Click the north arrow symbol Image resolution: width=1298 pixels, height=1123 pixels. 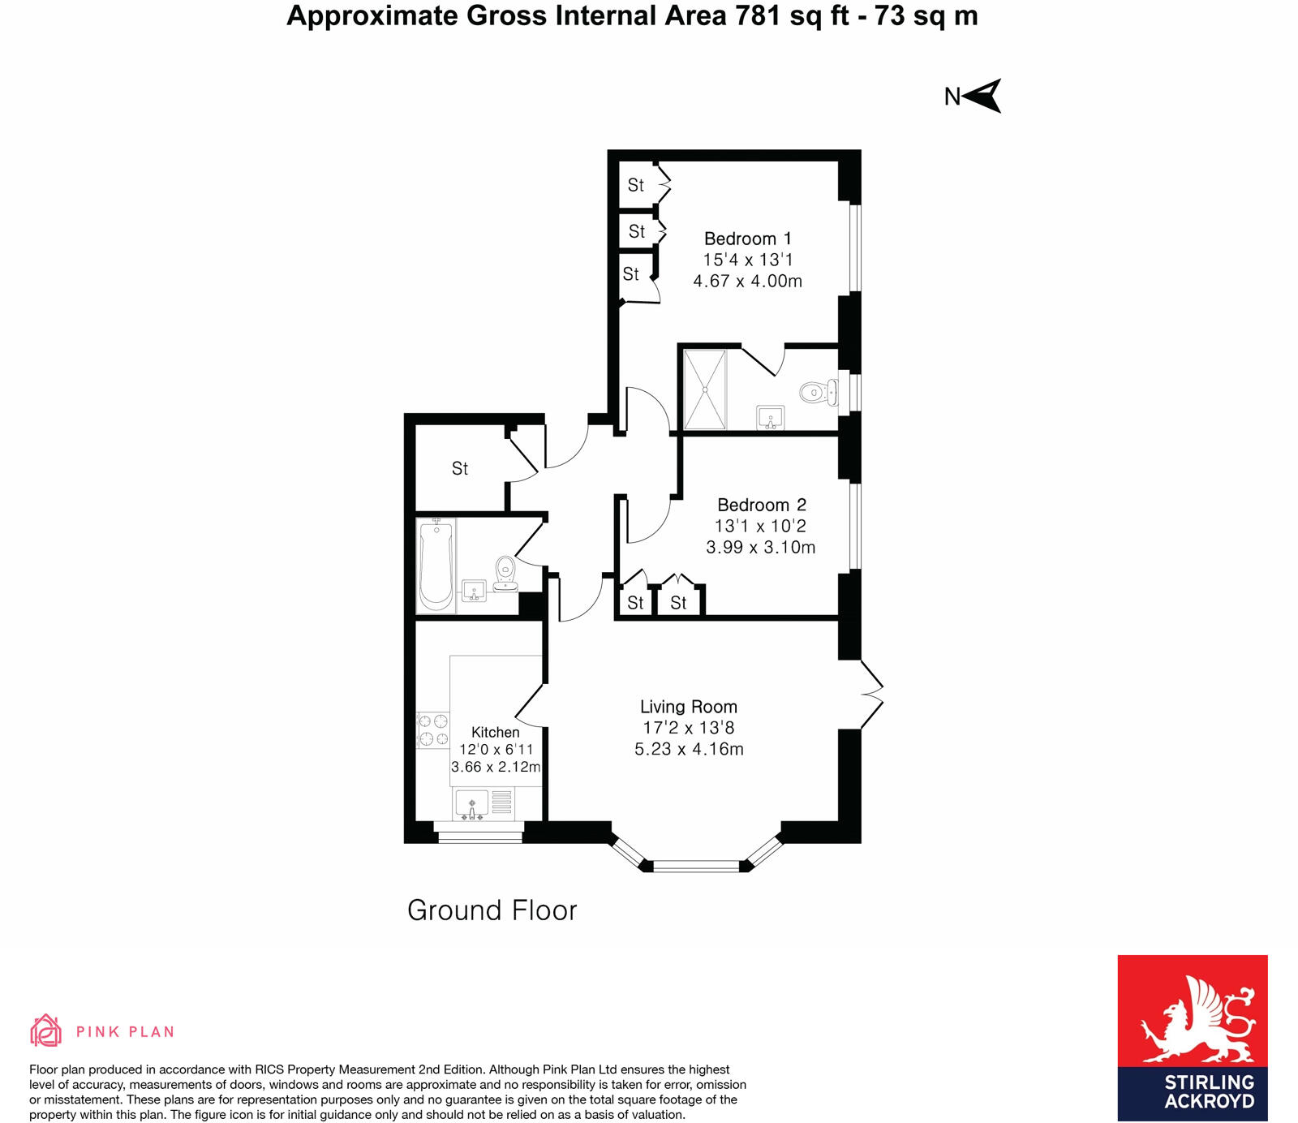click(982, 96)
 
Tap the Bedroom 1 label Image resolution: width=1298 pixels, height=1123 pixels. click(747, 239)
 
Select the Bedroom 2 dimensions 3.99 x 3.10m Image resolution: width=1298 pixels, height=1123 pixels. click(760, 548)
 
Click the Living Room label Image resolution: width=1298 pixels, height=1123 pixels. click(688, 707)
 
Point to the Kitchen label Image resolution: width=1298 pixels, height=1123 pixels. click(495, 732)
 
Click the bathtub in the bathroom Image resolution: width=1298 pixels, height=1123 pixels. click(436, 566)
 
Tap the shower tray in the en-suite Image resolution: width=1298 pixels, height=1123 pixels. click(704, 389)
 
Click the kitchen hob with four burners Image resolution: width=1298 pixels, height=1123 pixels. click(432, 729)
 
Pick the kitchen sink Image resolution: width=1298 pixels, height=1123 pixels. click(471, 805)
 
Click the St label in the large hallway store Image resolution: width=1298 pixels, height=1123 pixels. click(459, 469)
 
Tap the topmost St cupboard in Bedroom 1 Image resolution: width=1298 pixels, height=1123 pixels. click(636, 186)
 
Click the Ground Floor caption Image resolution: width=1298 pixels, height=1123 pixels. click(492, 910)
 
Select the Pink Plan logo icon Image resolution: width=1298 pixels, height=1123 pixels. click(46, 1030)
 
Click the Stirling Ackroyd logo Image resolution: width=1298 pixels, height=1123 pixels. click(1192, 1038)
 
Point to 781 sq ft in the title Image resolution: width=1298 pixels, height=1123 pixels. click(792, 15)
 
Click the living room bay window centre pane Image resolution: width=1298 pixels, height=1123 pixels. click(696, 866)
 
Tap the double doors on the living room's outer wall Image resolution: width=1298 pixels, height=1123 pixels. click(871, 694)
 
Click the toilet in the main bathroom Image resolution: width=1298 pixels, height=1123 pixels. click(505, 572)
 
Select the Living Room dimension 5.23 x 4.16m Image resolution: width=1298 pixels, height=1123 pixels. click(689, 749)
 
